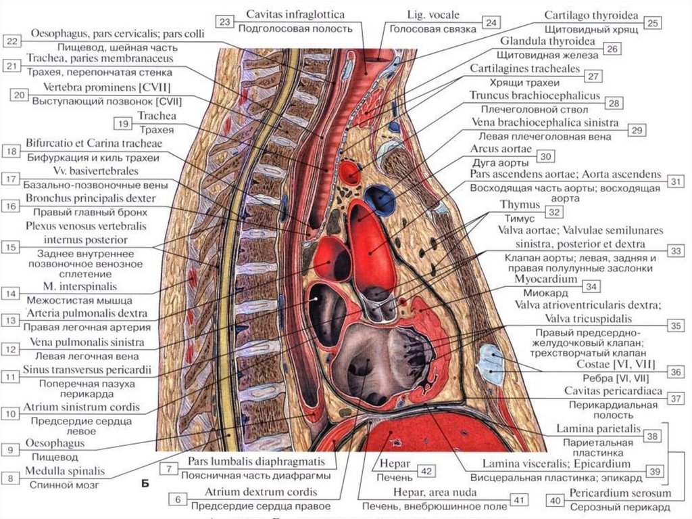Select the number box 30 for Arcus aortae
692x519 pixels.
pyautogui.click(x=545, y=156)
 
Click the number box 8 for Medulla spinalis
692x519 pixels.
pyautogui.click(x=11, y=478)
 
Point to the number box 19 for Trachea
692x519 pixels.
pyautogui.click(x=122, y=123)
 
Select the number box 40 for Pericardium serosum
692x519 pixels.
pyautogui.click(x=555, y=500)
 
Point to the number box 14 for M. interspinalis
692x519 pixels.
pyautogui.click(x=10, y=294)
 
